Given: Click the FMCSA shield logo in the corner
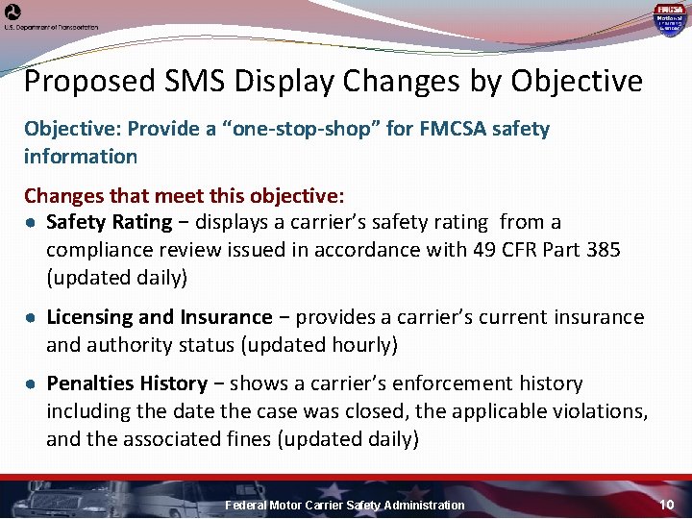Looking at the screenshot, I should pyautogui.click(x=669, y=18).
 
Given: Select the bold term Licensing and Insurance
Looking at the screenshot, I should pyautogui.click(x=160, y=317).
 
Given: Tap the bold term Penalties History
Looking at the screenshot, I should pyautogui.click(x=127, y=383).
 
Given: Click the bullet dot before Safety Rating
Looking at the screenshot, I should pyautogui.click(x=31, y=223).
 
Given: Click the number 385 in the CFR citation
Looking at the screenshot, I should pyautogui.click(x=602, y=250).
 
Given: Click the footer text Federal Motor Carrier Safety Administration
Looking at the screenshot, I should pyautogui.click(x=344, y=506).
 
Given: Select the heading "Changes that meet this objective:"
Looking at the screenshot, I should pyautogui.click(x=184, y=196).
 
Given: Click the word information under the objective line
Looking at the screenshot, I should pyautogui.click(x=81, y=156).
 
